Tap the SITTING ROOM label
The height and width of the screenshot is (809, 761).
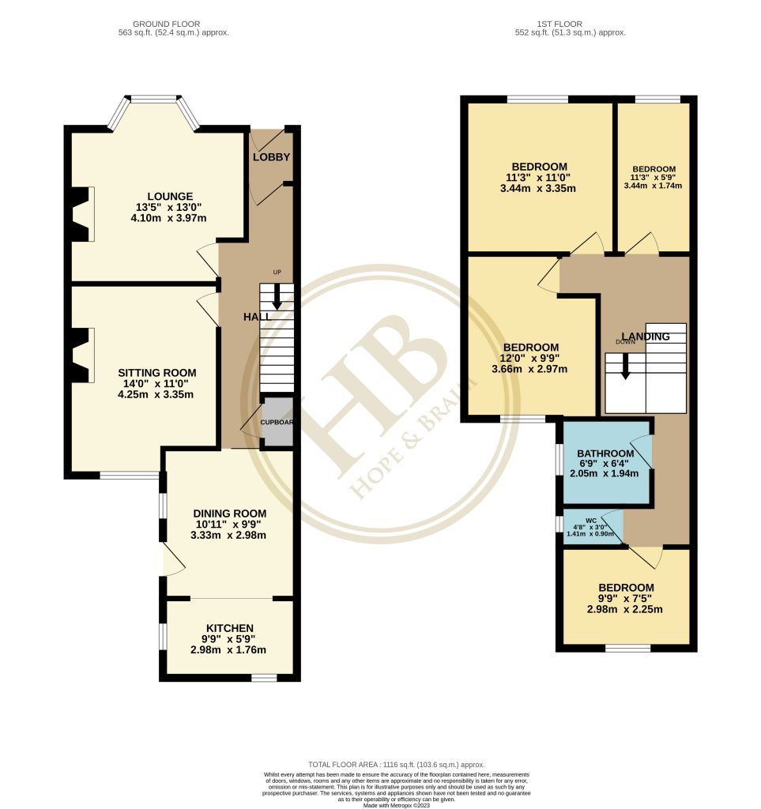point(157,372)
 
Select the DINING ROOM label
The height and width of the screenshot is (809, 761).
point(228,513)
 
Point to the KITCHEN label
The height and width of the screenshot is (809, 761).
point(228,628)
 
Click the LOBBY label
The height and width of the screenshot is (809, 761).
point(271,157)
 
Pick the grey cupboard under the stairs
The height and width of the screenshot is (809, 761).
point(277,422)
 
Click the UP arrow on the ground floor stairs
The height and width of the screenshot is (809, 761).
point(277,298)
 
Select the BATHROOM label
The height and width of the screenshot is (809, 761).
point(605,453)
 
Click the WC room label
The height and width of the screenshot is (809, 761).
point(591,521)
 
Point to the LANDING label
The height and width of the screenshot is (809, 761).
point(645,337)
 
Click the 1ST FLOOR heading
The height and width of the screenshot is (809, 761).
point(570,24)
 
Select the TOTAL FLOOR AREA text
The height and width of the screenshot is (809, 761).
point(396,765)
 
